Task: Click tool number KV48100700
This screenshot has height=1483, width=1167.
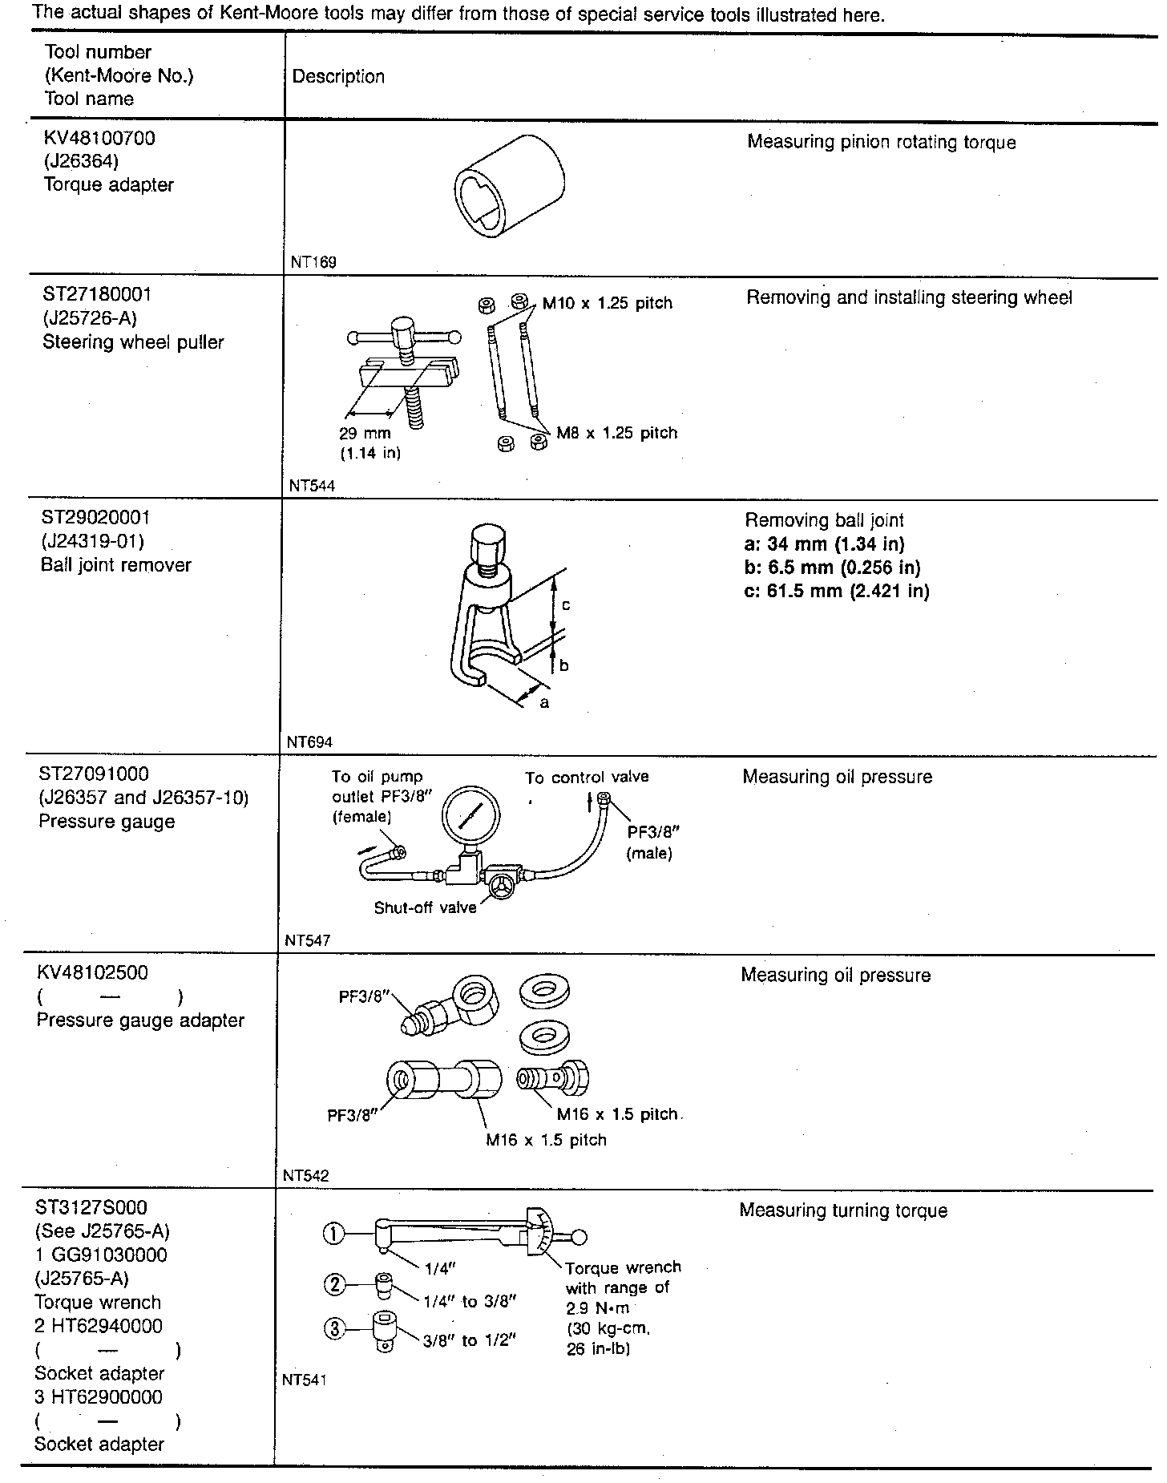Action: [x=99, y=138]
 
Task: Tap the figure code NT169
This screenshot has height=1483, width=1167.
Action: [x=314, y=261]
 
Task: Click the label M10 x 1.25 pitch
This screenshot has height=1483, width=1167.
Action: [x=607, y=303]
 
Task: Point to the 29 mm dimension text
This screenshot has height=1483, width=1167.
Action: [x=365, y=433]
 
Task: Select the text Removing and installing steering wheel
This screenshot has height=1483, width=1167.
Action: [x=909, y=297]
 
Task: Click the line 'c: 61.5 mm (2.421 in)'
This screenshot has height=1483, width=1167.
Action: [x=837, y=592]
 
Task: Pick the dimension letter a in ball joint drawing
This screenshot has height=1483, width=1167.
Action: [x=544, y=702]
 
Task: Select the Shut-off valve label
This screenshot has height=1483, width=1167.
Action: [x=425, y=907]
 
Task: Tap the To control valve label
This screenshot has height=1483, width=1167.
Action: [x=587, y=777]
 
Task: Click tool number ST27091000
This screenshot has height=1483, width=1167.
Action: [x=94, y=774]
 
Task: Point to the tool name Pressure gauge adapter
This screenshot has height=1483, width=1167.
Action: [x=140, y=1020]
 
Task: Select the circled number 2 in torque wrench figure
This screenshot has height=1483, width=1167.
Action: [x=335, y=1286]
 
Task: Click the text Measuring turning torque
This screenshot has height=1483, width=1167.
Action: [x=843, y=1210]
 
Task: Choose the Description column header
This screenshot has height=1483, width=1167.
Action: [x=338, y=77]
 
